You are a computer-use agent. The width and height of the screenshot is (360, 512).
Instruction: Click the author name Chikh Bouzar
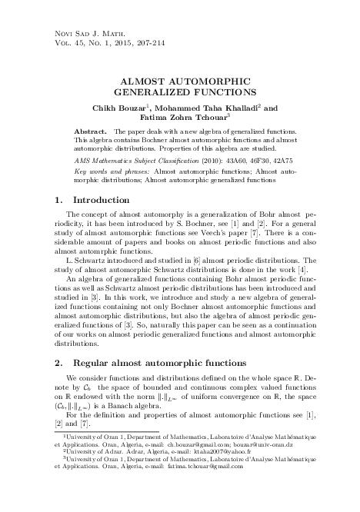[x=147, y=109]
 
